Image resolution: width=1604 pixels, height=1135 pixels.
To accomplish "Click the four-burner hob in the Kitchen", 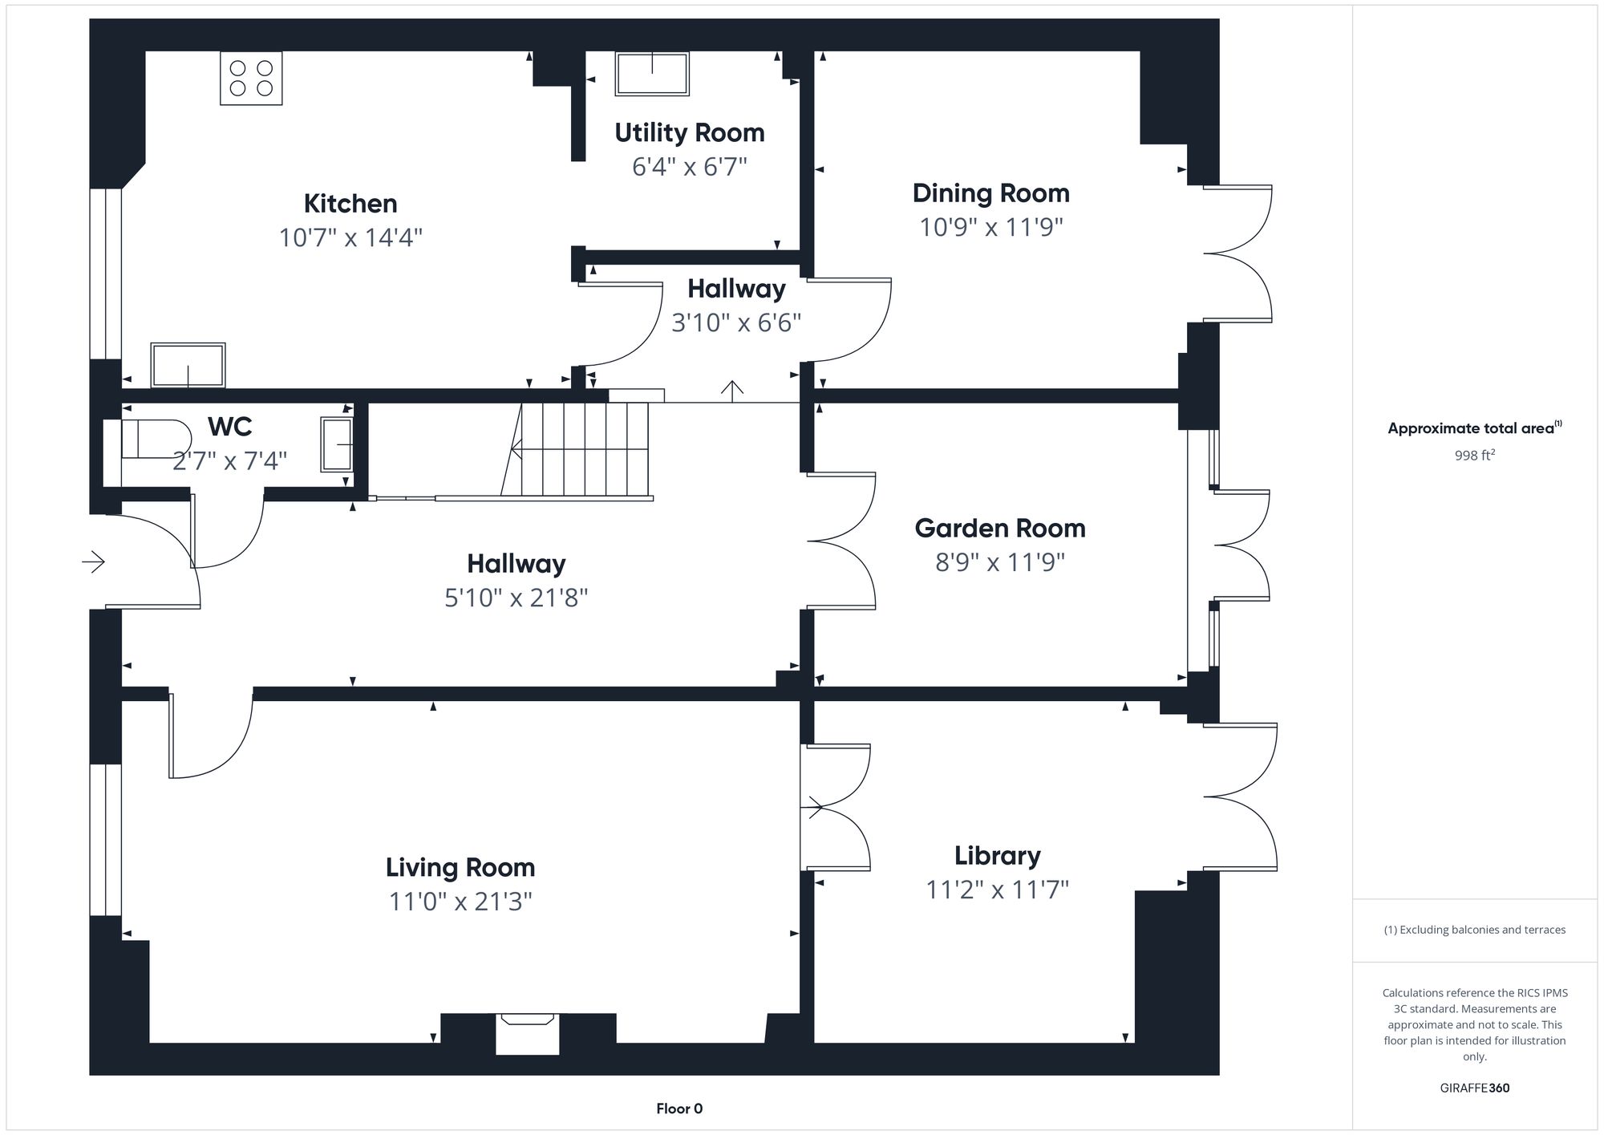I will tap(251, 78).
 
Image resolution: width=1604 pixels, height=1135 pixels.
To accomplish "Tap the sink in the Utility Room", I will tap(652, 74).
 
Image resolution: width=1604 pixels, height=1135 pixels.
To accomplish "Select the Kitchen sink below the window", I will tap(188, 366).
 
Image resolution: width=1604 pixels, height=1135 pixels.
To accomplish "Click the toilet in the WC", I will tap(154, 440).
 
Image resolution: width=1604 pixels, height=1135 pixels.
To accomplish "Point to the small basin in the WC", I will tap(337, 444).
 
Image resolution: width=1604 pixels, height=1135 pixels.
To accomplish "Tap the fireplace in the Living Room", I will tap(527, 1033).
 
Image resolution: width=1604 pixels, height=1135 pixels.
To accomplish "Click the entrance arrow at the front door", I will tap(94, 561).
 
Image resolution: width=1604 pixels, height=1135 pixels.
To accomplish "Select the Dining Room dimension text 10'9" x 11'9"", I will tap(990, 227).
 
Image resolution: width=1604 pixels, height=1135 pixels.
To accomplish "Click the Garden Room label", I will tap(999, 528).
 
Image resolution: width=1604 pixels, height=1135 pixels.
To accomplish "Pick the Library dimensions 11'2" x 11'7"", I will tap(998, 890).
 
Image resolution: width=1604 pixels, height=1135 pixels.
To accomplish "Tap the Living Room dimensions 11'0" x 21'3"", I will tap(460, 902).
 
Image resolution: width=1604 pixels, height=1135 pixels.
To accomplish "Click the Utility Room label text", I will tap(689, 132).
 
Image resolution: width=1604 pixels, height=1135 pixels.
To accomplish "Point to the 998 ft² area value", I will tap(1474, 456).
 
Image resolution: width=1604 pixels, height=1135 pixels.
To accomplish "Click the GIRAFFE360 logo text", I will tap(1474, 1088).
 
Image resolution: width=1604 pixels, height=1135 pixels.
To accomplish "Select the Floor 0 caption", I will tap(679, 1109).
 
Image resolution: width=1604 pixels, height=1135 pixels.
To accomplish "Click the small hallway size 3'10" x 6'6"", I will tap(735, 322).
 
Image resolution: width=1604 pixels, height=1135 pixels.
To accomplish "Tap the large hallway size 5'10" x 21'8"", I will tap(516, 598).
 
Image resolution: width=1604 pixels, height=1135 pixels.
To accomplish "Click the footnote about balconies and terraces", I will tap(1474, 930).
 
